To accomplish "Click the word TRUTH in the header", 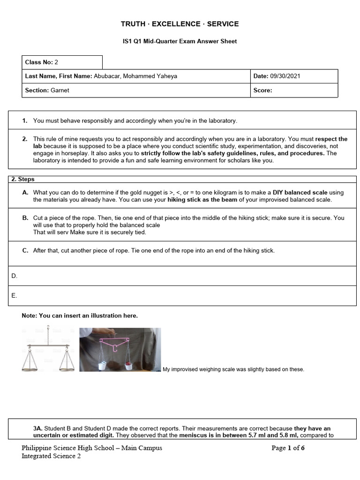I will point(133,24).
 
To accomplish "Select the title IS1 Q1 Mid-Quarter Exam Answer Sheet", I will point(180,41).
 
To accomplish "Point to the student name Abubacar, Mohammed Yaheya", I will point(135,76).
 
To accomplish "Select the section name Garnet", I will point(60,90).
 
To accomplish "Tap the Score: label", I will point(262,90).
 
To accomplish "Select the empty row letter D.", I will point(14,276).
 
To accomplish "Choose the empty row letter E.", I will point(14,296).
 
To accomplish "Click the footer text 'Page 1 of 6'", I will point(288,448).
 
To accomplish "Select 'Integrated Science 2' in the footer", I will point(51,457).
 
